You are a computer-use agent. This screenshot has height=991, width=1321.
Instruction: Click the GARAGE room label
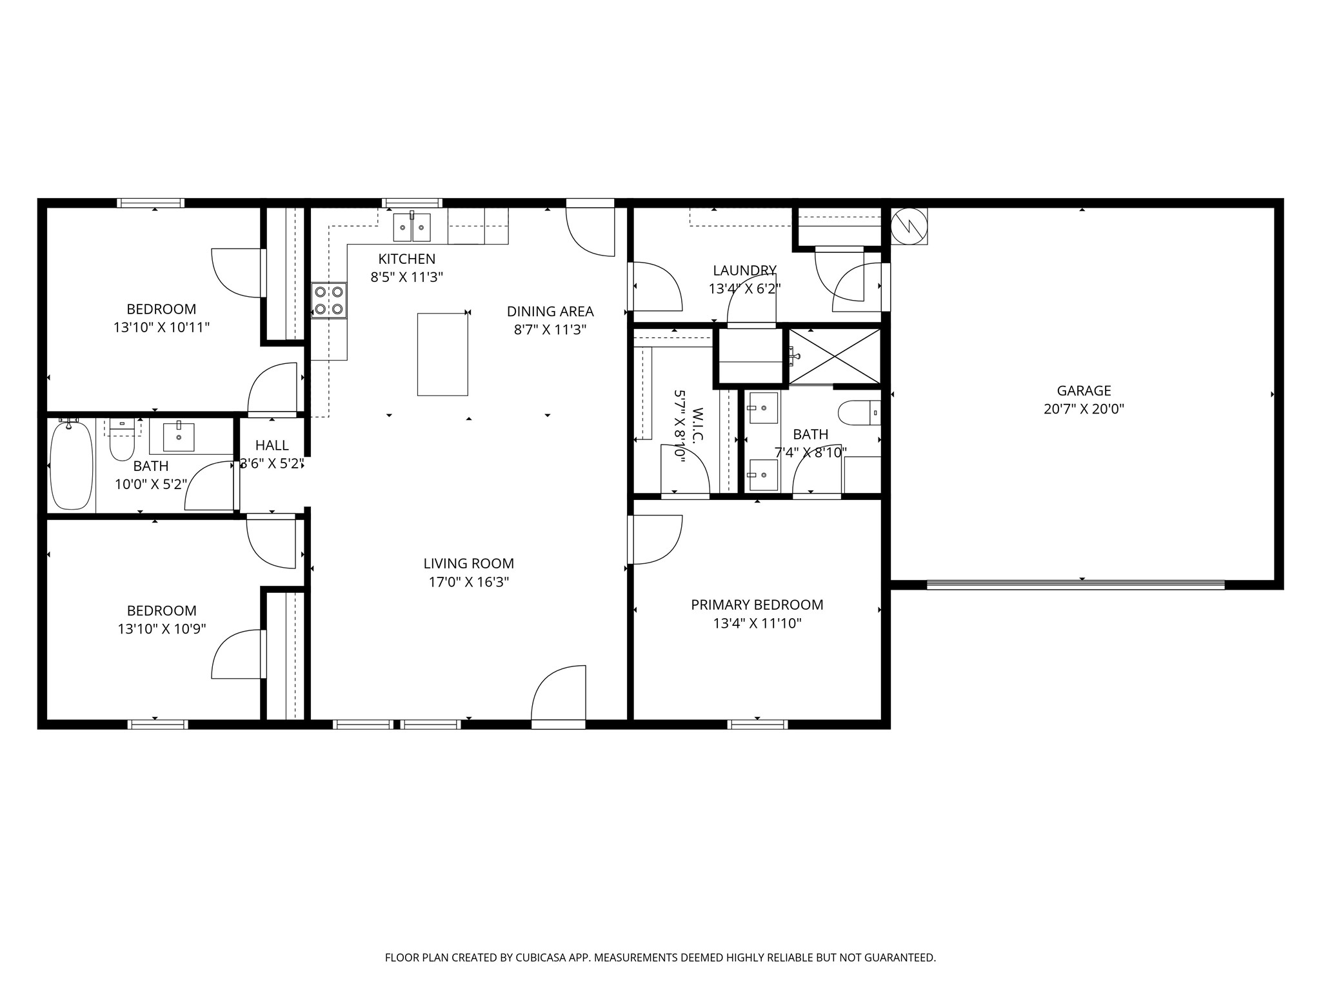pyautogui.click(x=1084, y=390)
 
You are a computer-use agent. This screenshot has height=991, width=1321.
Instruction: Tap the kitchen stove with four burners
pyautogui.click(x=329, y=301)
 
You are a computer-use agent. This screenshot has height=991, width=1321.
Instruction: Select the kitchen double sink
pyautogui.click(x=412, y=227)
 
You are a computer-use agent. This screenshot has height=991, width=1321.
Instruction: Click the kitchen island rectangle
pyautogui.click(x=442, y=354)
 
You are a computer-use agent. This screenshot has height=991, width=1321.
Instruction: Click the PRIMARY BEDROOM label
pyautogui.click(x=757, y=605)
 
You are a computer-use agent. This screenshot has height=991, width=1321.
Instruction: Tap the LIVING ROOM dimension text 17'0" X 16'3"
pyautogui.click(x=469, y=582)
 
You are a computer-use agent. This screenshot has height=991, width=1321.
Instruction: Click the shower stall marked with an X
pyautogui.click(x=835, y=356)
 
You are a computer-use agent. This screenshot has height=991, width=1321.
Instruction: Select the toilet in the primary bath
pyautogui.click(x=859, y=412)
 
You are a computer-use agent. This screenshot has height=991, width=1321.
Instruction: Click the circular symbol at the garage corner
pyautogui.click(x=909, y=225)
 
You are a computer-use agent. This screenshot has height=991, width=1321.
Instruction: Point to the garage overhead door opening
pyautogui.click(x=1075, y=585)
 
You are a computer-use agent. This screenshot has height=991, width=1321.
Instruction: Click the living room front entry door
pyautogui.click(x=559, y=697)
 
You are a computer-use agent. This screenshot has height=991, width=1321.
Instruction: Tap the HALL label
pyautogui.click(x=272, y=445)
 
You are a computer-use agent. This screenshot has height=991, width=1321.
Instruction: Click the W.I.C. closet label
pyautogui.click(x=697, y=425)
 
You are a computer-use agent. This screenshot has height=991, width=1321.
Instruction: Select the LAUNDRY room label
pyautogui.click(x=744, y=270)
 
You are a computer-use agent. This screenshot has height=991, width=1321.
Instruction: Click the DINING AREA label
pyautogui.click(x=550, y=312)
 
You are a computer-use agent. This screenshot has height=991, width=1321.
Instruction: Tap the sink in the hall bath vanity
pyautogui.click(x=179, y=437)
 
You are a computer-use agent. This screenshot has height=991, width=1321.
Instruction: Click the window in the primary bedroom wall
pyautogui.click(x=757, y=724)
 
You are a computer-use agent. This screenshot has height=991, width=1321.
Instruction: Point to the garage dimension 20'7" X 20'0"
pyautogui.click(x=1084, y=409)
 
